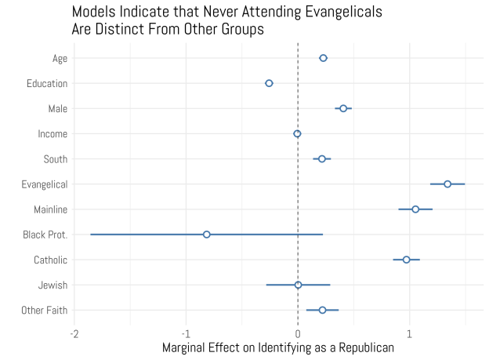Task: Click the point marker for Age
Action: pos(323,58)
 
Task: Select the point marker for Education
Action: pos(269,83)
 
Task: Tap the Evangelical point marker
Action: pos(447,184)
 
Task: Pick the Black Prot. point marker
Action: pos(207,235)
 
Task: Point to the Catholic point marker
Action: pos(406,260)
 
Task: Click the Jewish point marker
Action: pos(298,285)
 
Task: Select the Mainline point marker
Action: pos(415,209)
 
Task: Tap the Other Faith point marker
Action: pos(322,310)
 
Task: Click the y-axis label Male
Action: pos(57,108)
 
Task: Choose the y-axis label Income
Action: pos(53,134)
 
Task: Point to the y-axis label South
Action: pos(55,159)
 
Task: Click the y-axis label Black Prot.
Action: pos(45,235)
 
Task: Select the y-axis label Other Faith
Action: pos(45,311)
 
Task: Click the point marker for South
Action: pos(321,159)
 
